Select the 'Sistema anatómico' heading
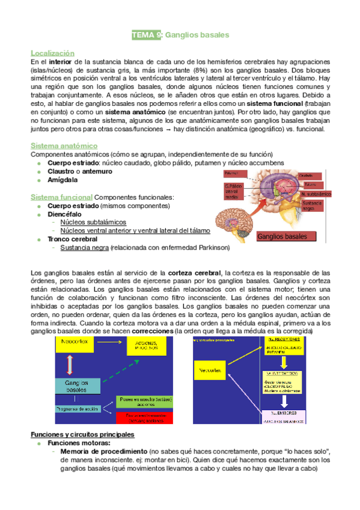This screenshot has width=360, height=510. point(64,146)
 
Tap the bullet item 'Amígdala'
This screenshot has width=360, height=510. point(63,180)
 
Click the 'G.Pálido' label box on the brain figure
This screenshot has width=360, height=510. point(234,191)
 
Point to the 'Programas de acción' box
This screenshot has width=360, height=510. point(79,408)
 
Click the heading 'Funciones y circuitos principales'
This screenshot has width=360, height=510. point(82,435)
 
